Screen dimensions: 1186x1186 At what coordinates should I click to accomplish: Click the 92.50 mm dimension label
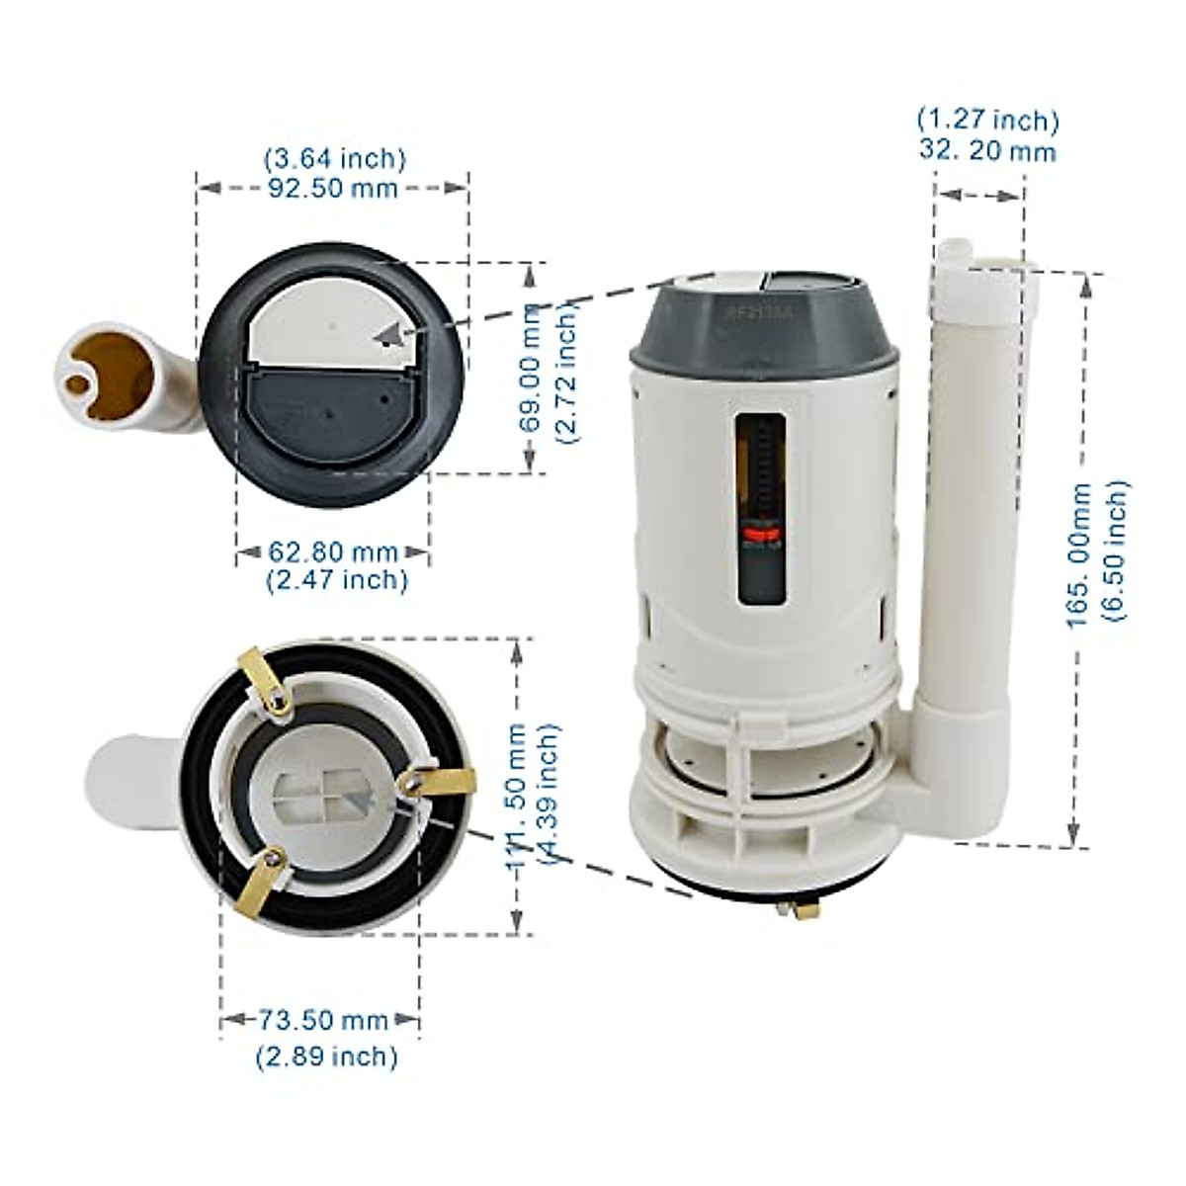pos(333,188)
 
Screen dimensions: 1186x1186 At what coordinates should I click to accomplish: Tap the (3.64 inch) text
pos(334,158)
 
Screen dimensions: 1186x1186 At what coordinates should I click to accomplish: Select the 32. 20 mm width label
pos(986,151)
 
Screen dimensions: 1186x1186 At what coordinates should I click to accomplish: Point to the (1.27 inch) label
pos(987,121)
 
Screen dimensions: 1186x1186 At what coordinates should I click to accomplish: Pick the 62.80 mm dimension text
pos(333,551)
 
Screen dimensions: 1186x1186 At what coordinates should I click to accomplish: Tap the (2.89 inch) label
pos(327,1057)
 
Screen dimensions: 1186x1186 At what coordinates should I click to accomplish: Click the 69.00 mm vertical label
pos(533,366)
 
